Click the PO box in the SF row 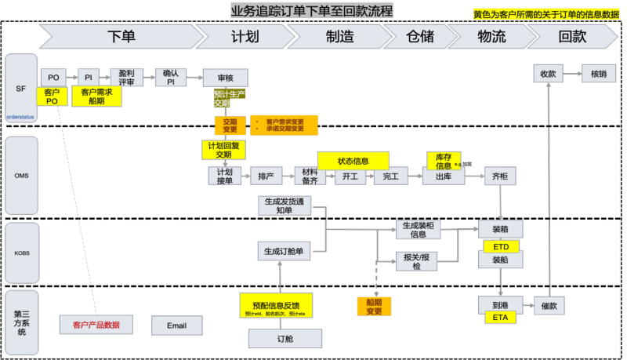pos(53,77)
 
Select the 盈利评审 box pos(126,77)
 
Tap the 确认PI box pos(169,77)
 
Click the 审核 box pos(225,77)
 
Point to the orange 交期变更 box pos(230,125)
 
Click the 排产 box pos(266,176)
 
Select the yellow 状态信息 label pos(353,161)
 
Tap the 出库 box pos(443,176)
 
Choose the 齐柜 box pos(499,176)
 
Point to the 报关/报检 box pos(416,261)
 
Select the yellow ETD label pos(501,246)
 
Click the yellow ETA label pos(501,318)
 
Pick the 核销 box pos(598,74)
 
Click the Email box pos(176,325)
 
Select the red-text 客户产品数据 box pos(96,325)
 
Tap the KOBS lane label pos(21,253)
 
